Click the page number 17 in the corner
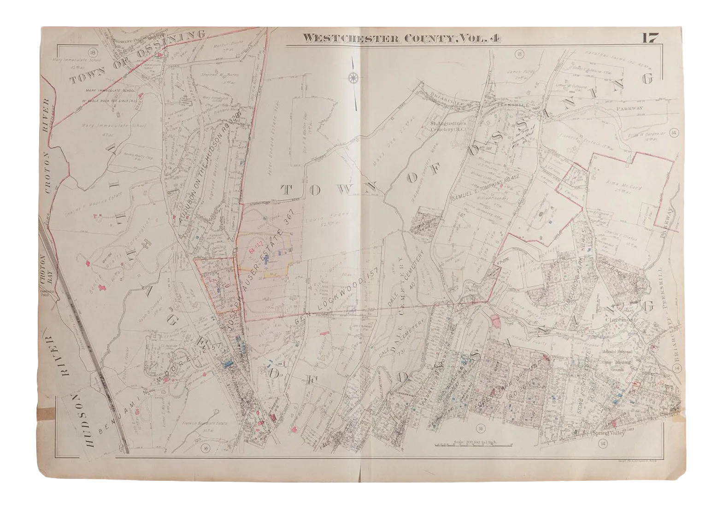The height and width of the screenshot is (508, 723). click(x=652, y=38)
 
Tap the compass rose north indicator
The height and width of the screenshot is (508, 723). click(x=353, y=77)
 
